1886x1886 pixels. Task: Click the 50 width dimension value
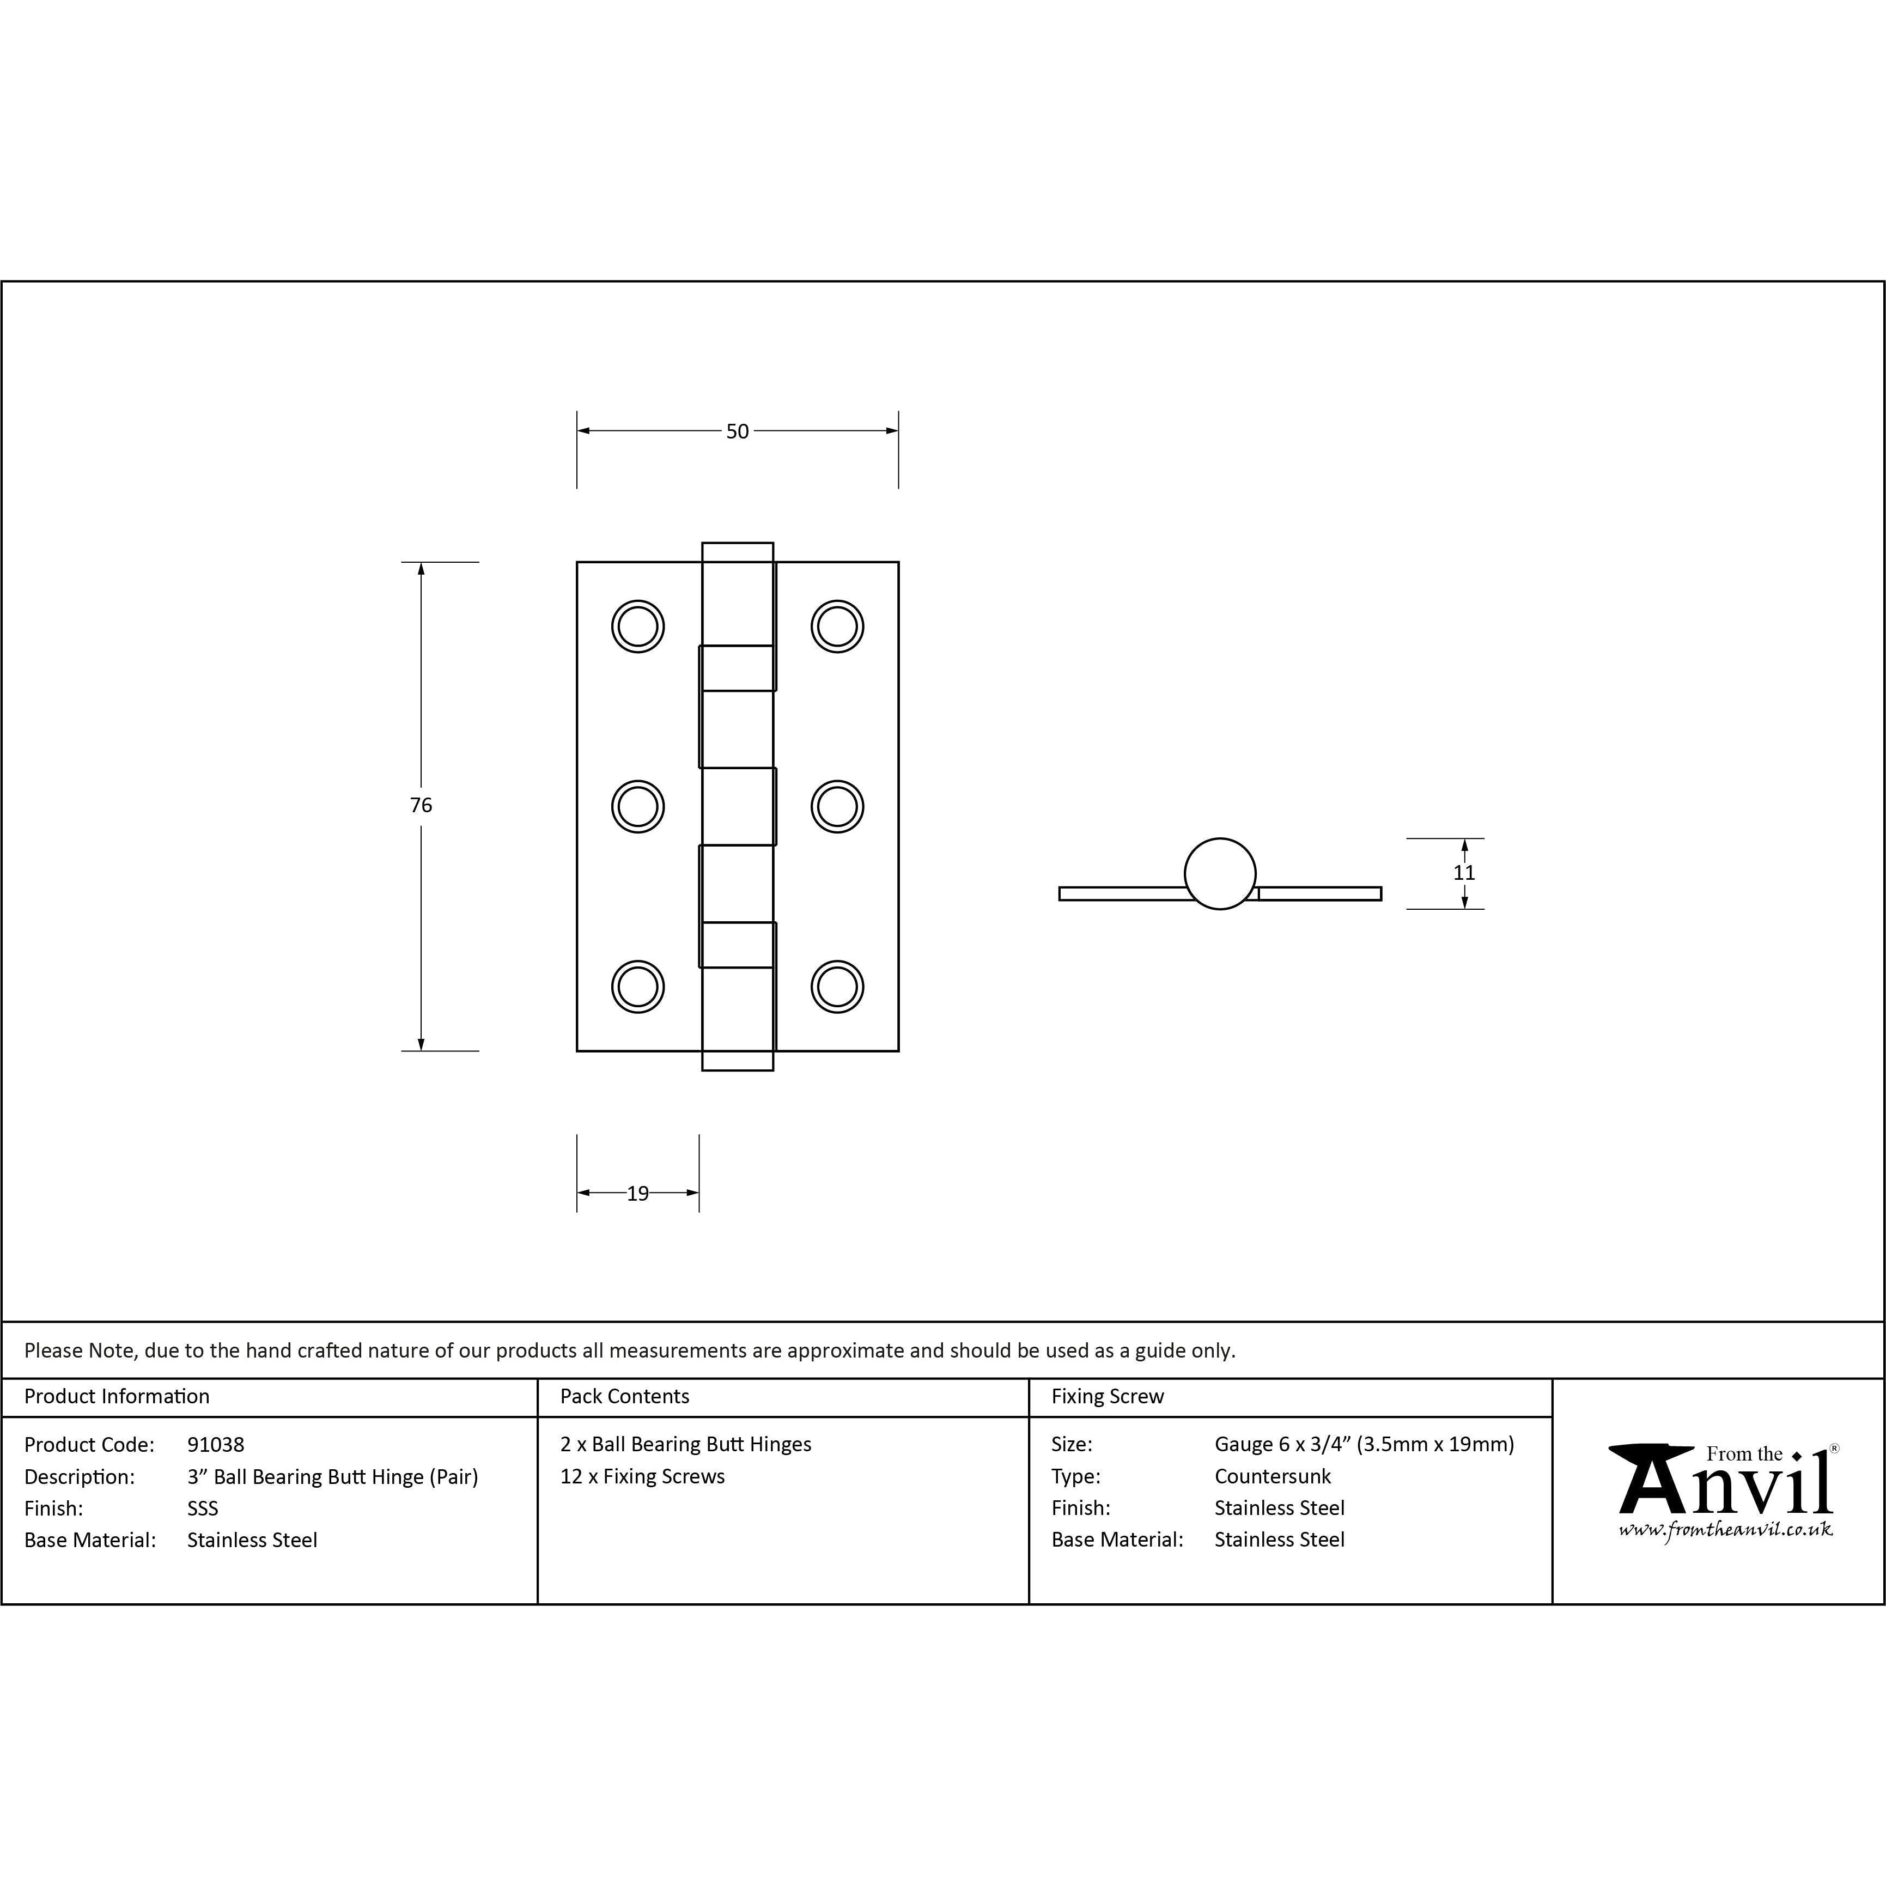(737, 430)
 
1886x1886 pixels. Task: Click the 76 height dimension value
(421, 805)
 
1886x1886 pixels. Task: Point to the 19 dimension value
(637, 1193)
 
